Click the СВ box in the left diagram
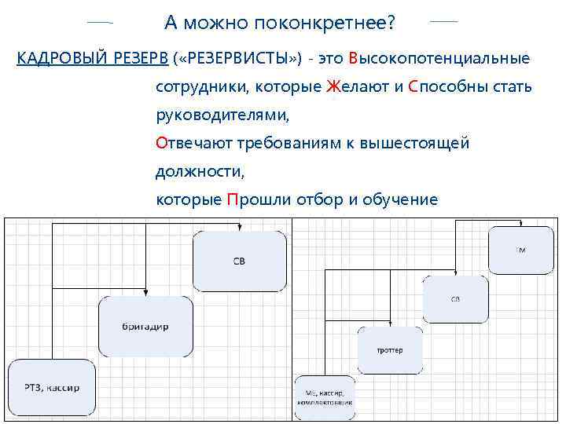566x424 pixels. (239, 260)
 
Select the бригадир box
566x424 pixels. (145, 325)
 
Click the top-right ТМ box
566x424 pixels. (520, 250)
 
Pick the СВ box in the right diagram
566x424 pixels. (455, 299)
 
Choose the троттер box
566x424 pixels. (389, 349)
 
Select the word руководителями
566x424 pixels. (222, 115)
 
